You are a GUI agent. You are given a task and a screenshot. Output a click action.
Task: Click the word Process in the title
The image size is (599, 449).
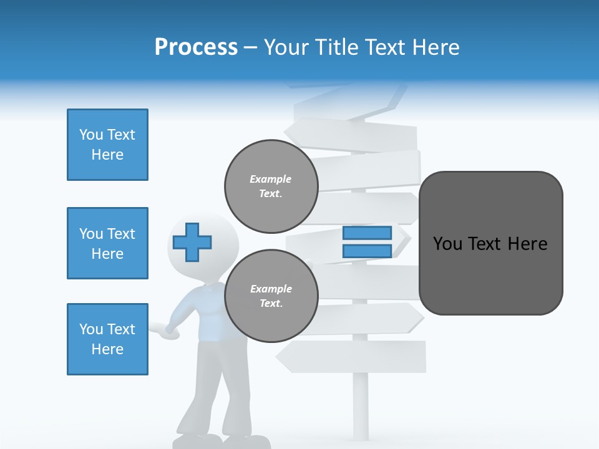click(196, 47)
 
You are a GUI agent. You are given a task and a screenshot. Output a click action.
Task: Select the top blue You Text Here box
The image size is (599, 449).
click(107, 145)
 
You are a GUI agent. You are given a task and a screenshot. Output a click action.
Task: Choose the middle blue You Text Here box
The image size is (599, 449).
click(107, 243)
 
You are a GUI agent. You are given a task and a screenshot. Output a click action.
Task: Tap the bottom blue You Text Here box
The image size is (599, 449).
click(107, 339)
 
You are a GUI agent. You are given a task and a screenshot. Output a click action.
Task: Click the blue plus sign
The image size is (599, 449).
click(192, 242)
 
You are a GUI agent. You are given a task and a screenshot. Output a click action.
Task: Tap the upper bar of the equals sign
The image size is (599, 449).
click(367, 233)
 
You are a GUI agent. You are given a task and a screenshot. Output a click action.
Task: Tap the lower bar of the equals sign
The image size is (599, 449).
click(367, 251)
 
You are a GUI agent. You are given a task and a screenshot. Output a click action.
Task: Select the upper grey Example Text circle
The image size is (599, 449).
click(271, 186)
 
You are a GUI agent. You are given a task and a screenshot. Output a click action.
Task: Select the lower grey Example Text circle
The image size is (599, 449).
click(271, 296)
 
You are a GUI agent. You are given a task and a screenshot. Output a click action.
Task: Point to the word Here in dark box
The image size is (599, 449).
click(527, 244)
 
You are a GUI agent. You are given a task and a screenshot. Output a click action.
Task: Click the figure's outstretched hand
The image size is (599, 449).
click(167, 331)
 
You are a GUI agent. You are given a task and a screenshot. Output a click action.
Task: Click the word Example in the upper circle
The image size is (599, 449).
click(271, 179)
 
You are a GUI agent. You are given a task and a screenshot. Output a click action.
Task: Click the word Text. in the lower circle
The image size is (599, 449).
click(271, 303)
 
